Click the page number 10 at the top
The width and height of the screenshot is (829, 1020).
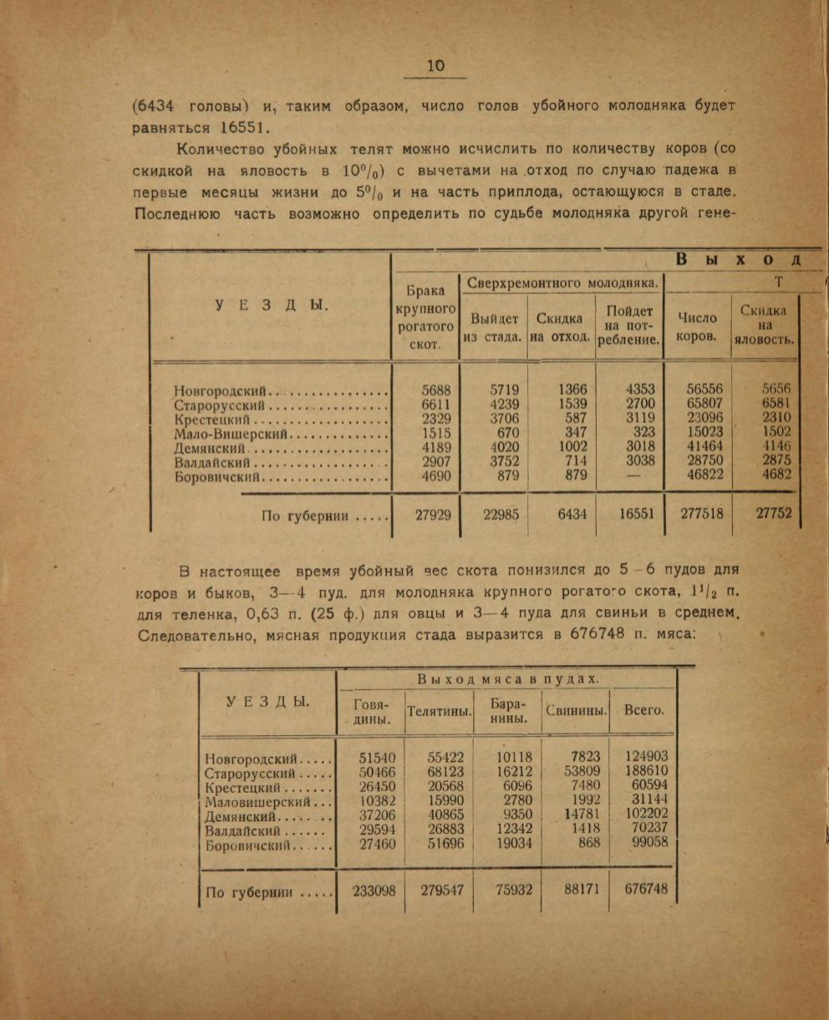click(435, 67)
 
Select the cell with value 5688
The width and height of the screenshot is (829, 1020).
click(433, 390)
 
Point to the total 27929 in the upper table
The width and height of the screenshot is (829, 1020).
click(433, 515)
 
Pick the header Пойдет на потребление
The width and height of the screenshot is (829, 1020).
click(629, 325)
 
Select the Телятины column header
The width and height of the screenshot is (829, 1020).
click(440, 712)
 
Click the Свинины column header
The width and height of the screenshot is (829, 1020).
click(576, 712)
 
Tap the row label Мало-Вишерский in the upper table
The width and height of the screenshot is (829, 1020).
click(231, 434)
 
